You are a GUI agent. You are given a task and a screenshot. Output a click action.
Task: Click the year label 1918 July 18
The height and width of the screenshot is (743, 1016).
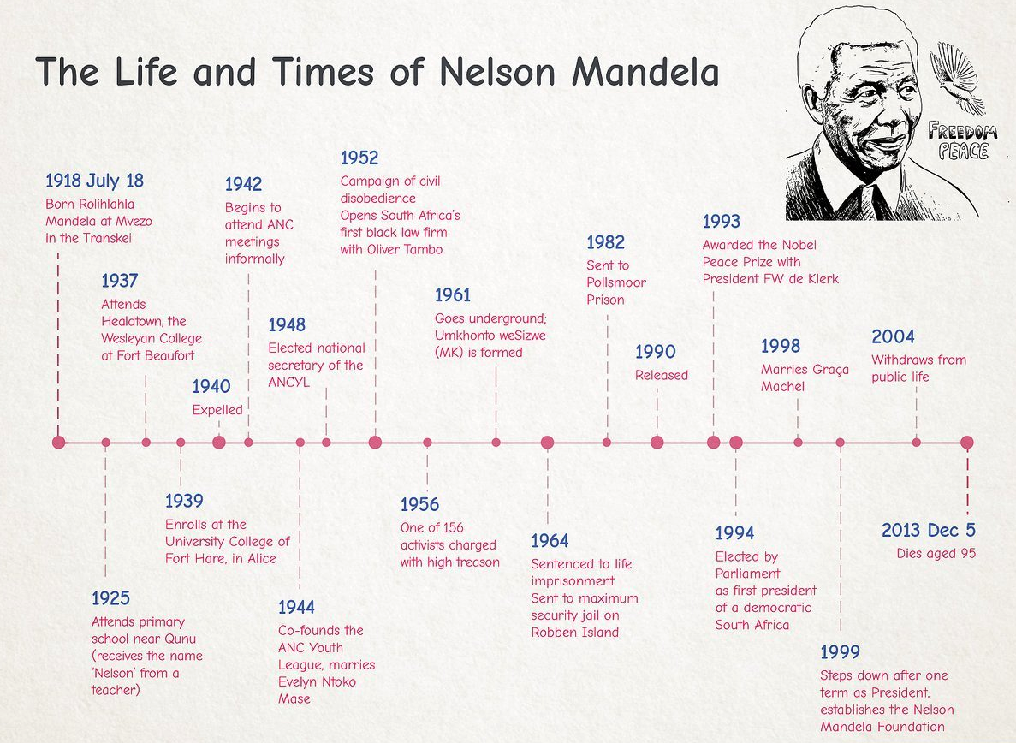95,181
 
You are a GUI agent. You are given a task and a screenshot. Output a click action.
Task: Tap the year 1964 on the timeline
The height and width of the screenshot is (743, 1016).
550,541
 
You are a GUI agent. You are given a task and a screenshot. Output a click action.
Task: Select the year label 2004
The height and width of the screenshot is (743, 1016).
893,337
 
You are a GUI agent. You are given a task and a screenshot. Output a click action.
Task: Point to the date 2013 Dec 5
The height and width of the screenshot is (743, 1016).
928,531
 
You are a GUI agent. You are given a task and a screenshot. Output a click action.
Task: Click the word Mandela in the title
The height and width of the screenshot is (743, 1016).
645,71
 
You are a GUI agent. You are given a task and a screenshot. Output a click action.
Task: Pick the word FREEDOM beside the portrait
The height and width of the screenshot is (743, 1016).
962,132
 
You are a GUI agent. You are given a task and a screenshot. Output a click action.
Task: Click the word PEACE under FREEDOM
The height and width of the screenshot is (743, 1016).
964,152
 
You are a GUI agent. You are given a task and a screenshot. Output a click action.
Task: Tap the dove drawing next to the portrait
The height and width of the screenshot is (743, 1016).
957,78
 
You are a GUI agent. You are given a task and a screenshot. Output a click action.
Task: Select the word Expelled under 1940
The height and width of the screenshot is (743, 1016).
217,410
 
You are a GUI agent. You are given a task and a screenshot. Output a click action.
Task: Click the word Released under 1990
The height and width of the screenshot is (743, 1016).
661,376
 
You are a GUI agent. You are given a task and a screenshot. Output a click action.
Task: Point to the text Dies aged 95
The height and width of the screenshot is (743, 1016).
936,554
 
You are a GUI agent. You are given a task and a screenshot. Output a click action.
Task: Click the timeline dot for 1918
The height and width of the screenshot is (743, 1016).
59,443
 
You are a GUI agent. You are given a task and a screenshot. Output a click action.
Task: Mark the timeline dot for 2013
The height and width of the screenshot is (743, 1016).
966,443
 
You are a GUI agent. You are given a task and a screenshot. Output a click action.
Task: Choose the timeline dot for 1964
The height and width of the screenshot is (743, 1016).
548,443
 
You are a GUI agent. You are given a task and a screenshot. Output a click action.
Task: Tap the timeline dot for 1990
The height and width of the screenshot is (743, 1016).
657,443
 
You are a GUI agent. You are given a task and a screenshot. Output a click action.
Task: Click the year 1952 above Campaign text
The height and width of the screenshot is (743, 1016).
359,158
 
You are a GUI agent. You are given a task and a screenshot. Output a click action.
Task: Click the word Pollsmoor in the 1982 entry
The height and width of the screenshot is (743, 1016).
616,282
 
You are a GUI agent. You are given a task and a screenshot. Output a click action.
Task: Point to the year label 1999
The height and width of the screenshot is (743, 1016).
840,652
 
